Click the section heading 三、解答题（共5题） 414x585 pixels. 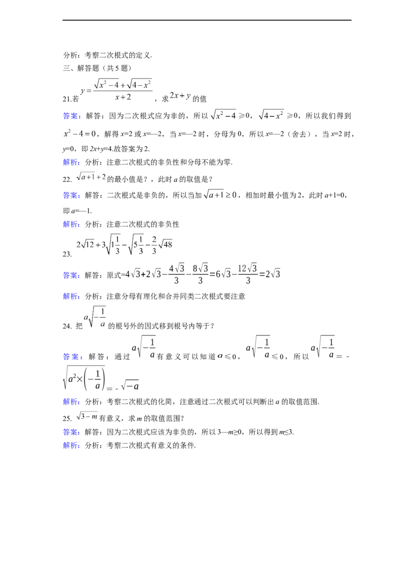point(97,68)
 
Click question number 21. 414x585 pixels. point(67,99)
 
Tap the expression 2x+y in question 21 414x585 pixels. point(180,96)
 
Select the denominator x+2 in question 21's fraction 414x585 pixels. point(123,97)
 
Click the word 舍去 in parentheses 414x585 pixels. point(299,134)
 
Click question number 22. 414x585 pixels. point(67,179)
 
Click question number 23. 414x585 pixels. point(67,254)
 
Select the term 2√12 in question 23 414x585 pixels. point(85,244)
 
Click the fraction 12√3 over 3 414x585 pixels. point(247,274)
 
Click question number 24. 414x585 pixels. point(67,326)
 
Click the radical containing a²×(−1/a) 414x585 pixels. point(84,378)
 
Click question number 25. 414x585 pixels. point(67,419)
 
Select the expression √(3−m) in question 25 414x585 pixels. point(87,416)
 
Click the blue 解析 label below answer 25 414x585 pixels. point(70,445)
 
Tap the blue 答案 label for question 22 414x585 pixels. point(70,195)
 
